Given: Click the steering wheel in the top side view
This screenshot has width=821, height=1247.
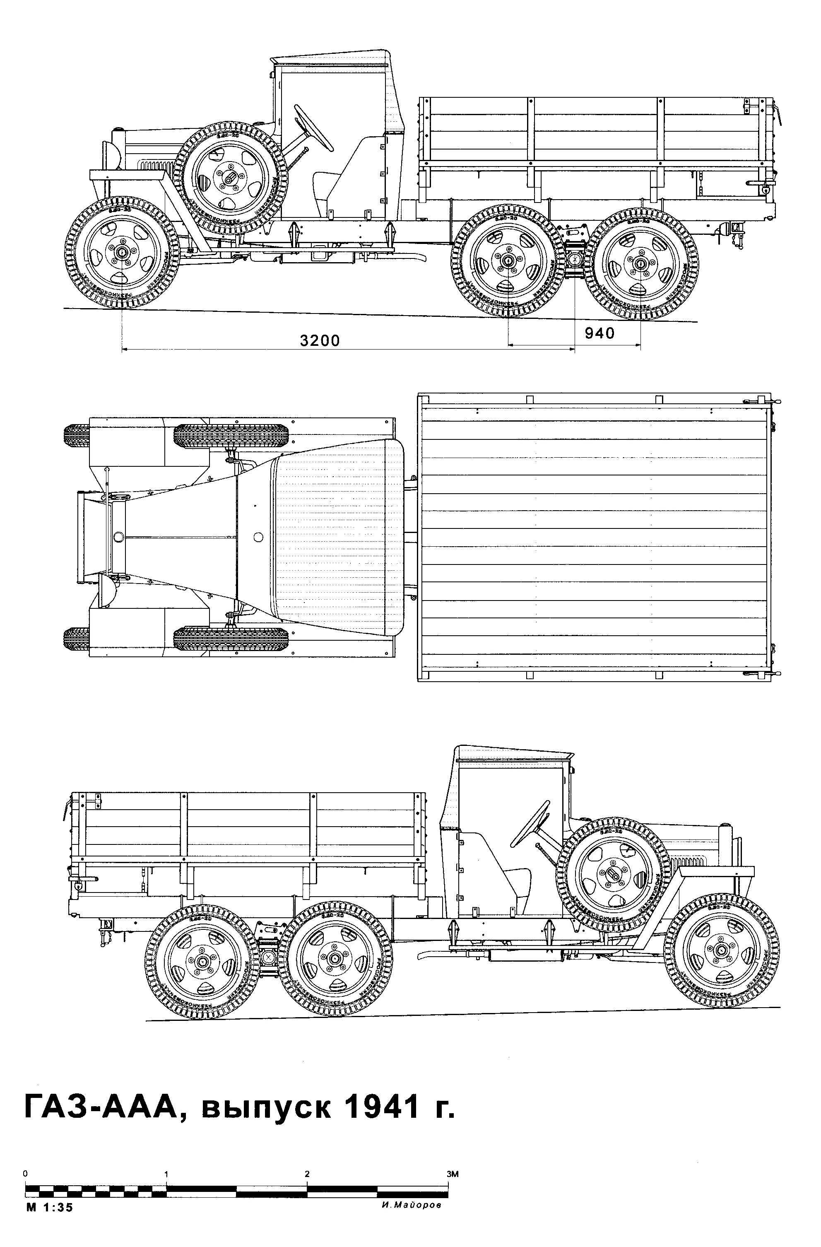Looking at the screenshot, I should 313,127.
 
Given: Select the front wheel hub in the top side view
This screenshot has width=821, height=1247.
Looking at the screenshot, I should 122,253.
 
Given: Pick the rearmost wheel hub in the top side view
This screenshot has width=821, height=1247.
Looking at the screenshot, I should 640,263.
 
